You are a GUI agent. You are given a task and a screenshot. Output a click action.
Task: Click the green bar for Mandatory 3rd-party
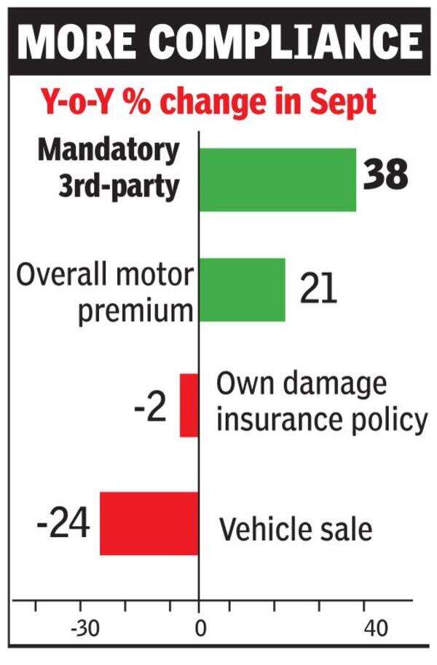tap(277, 180)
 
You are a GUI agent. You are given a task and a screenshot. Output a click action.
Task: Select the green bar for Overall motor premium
tap(242, 289)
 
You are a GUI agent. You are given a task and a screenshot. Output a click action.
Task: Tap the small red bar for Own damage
tap(189, 405)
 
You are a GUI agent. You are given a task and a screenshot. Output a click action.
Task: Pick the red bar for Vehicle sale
tap(149, 523)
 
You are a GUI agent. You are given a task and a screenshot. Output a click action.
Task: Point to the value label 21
tap(318, 288)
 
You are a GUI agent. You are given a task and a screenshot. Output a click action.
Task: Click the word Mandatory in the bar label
tap(109, 150)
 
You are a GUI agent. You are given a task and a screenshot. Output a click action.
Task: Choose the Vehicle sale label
tap(296, 530)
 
